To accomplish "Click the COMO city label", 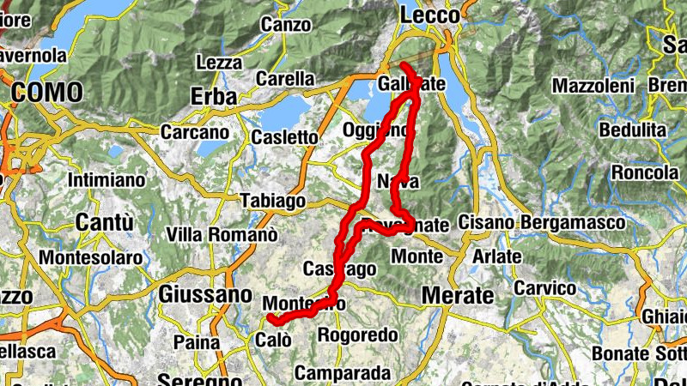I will coord(47,92).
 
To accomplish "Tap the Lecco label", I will coord(430,15).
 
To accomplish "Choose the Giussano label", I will coord(205,294).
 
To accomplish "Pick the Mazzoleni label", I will coord(593,87).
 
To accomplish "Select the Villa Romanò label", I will coord(222,234).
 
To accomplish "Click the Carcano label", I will coord(195,133).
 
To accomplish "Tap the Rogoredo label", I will coord(357,335).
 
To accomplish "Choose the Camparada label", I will coord(342,373).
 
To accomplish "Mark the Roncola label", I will coord(645,172).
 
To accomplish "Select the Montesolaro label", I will coord(90,257).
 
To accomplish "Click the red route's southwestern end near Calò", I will coord(271,319).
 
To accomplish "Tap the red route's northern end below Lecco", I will coord(403,65).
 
